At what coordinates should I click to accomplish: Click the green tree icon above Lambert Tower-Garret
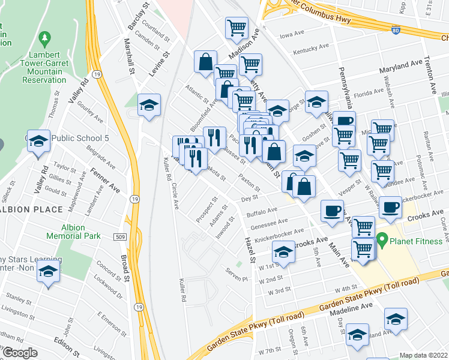(44, 40)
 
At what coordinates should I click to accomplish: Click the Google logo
(20, 353)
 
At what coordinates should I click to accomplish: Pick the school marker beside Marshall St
(149, 106)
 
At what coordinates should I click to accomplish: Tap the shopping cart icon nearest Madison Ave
(237, 28)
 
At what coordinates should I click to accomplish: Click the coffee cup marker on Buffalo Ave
(332, 211)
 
